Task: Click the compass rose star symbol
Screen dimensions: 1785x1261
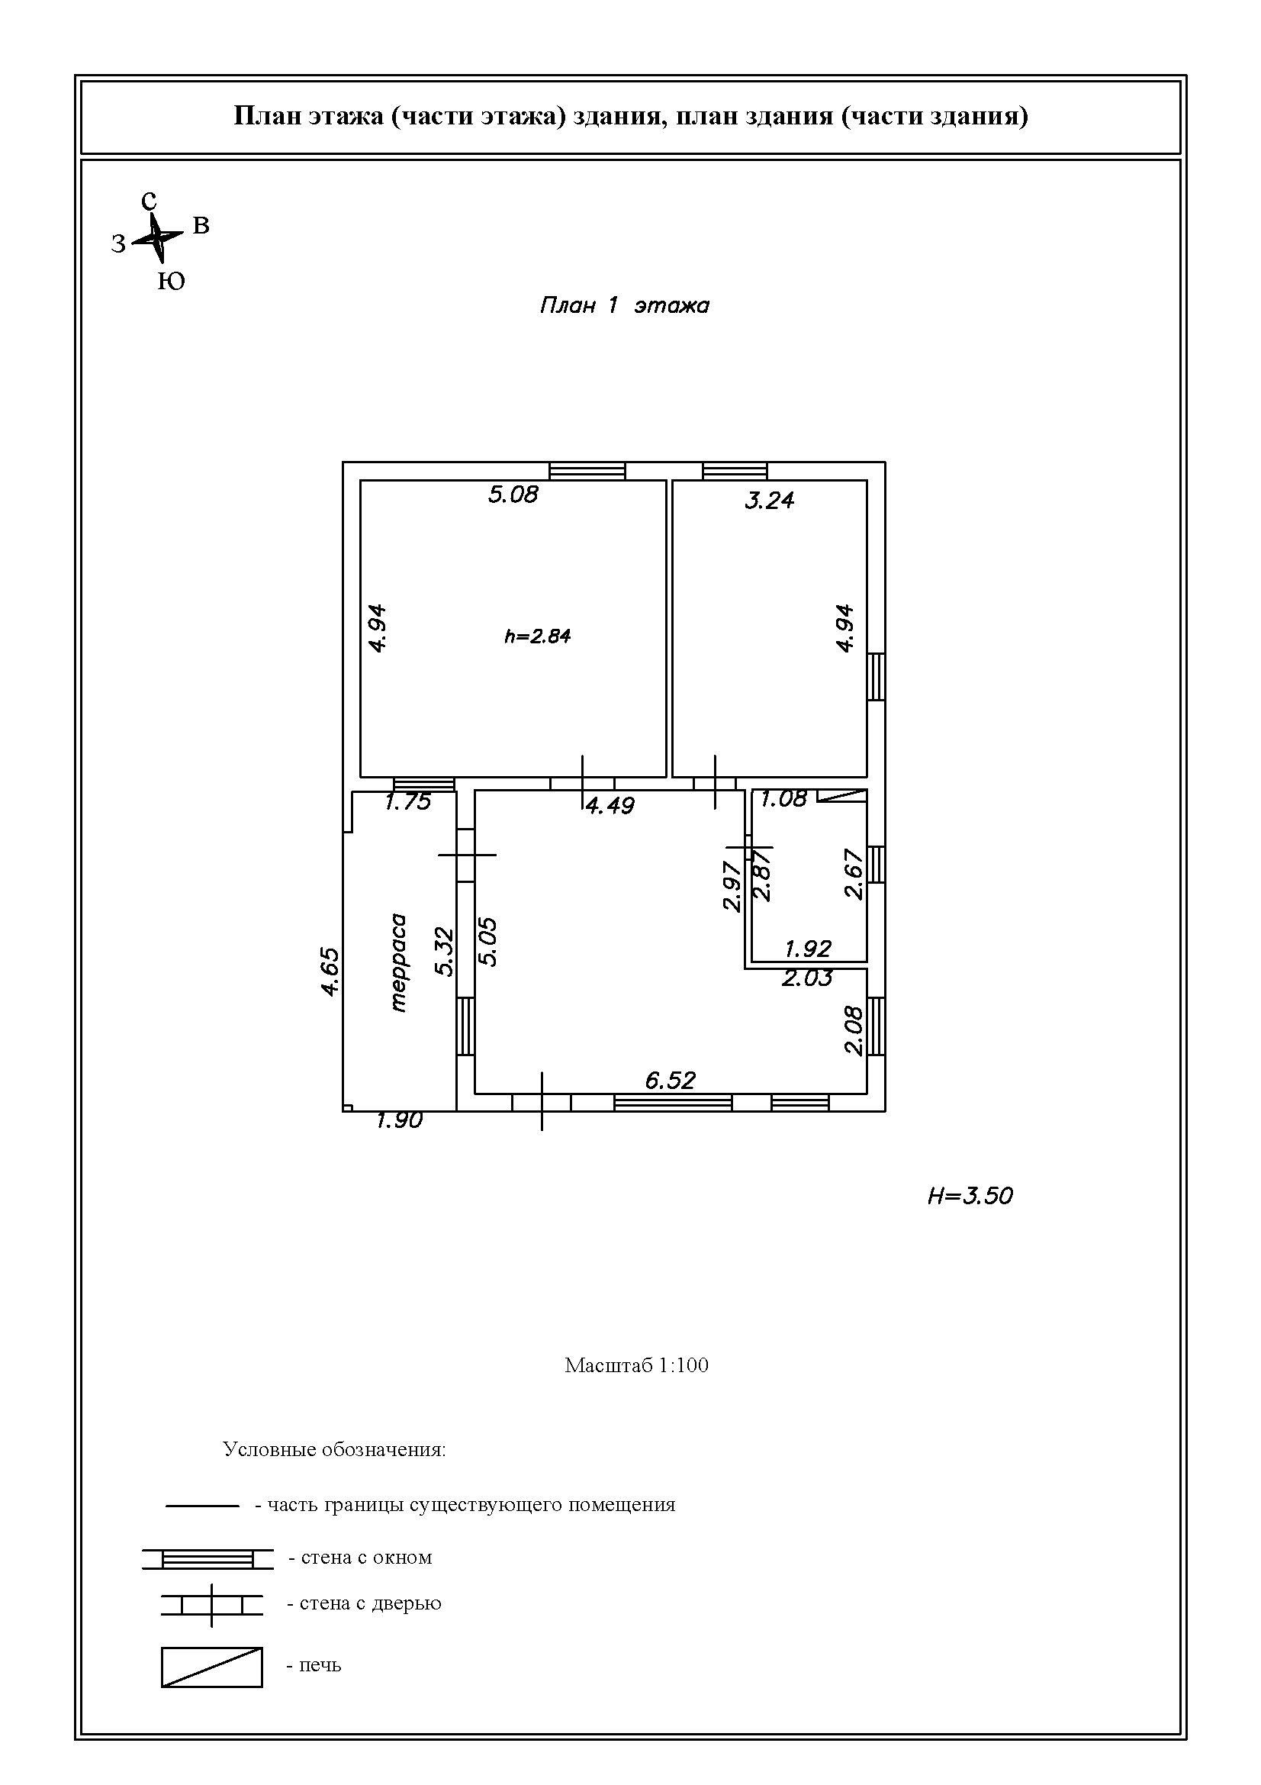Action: pyautogui.click(x=158, y=238)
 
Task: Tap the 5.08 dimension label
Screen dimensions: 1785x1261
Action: pyautogui.click(x=513, y=495)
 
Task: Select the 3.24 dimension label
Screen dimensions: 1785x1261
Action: pyautogui.click(x=769, y=500)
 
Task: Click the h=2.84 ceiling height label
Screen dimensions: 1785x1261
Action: pyautogui.click(x=538, y=636)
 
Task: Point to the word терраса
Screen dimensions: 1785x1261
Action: pyautogui.click(x=400, y=962)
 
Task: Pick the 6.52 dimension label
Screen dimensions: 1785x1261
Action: pyautogui.click(x=671, y=1080)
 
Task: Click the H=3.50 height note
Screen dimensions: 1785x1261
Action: pyautogui.click(x=970, y=1196)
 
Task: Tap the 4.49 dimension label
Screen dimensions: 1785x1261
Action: pyautogui.click(x=610, y=805)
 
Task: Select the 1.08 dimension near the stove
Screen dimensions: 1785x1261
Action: pyautogui.click(x=784, y=798)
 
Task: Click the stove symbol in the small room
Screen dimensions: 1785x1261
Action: pyautogui.click(x=843, y=795)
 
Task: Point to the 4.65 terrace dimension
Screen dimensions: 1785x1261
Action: pyautogui.click(x=330, y=971)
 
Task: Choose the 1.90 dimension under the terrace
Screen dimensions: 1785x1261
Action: pyautogui.click(x=400, y=1120)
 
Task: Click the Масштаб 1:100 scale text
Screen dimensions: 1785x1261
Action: pyautogui.click(x=636, y=1366)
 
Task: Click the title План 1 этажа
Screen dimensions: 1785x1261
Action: pyautogui.click(x=625, y=305)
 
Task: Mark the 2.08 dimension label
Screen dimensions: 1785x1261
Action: pyautogui.click(x=853, y=1030)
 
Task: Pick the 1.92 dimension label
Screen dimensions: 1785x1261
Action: pyautogui.click(x=808, y=949)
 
